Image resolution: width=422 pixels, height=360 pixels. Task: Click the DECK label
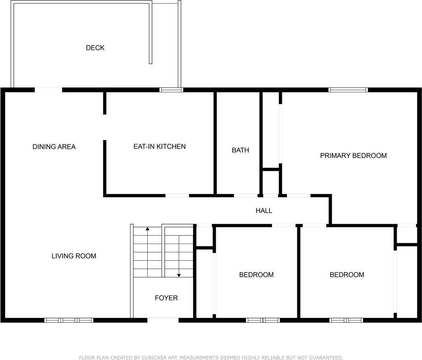coord(95,48)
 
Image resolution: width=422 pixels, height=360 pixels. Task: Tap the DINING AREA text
coord(54,147)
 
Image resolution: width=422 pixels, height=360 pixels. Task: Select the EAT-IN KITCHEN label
coord(160,147)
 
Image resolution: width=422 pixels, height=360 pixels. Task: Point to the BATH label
coord(240,150)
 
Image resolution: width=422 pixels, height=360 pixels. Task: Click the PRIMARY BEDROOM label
coord(354,155)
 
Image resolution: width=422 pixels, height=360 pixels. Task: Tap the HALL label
coord(264,211)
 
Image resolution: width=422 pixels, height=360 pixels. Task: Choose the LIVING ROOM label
coord(74,256)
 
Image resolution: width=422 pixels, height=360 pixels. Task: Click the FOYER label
coord(166,298)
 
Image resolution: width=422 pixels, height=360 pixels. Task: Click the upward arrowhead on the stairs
coord(148,229)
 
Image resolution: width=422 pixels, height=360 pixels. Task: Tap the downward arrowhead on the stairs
coord(179,275)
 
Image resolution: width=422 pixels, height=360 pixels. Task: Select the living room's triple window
coord(69,320)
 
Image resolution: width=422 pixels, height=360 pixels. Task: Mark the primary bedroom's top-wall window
coord(348,90)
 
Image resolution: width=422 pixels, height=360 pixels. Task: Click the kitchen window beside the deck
coord(171,90)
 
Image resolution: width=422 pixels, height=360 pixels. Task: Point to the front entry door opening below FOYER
coord(163,320)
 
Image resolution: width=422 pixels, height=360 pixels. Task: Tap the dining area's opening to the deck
coord(48,90)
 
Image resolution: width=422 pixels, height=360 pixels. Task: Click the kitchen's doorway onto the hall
coord(177,196)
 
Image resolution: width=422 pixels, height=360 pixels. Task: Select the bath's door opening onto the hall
coord(246,196)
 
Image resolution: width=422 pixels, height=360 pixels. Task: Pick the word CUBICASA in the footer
coord(147,358)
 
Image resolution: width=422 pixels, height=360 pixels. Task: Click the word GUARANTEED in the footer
coord(326,358)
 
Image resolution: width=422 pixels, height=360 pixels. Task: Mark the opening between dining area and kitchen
coord(105,128)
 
